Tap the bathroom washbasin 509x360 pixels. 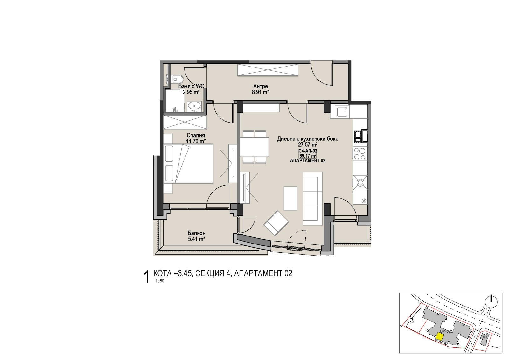pyautogui.click(x=194, y=106)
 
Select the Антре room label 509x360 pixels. pyautogui.click(x=261, y=86)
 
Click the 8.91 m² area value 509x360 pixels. pyautogui.click(x=261, y=92)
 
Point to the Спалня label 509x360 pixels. pyautogui.click(x=196, y=136)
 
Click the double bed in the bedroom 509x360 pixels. pyautogui.click(x=188, y=163)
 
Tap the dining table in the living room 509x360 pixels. pyautogui.click(x=254, y=147)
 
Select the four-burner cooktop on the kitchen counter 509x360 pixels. pyautogui.click(x=360, y=153)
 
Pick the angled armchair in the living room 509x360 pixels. pyautogui.click(x=276, y=223)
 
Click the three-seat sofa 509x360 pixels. pyautogui.click(x=312, y=198)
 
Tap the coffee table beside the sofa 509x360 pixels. pyautogui.click(x=291, y=199)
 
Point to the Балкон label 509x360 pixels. pyautogui.click(x=196, y=233)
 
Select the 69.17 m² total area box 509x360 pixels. pyautogui.click(x=308, y=156)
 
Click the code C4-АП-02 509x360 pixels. pyautogui.click(x=308, y=151)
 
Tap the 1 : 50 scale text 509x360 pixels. pyautogui.click(x=159, y=281)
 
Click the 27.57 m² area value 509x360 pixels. pyautogui.click(x=308, y=145)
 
